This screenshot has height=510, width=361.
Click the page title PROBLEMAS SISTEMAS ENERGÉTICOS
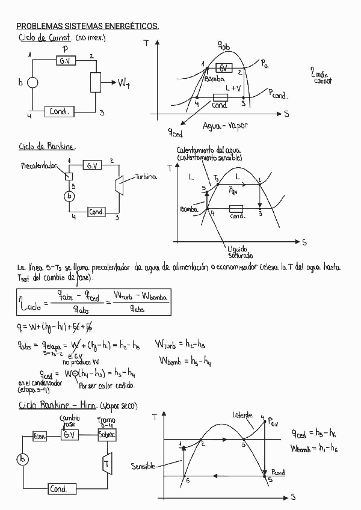pyautogui.click(x=87, y=26)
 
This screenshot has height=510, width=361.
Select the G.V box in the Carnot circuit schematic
pyautogui.click(x=66, y=61)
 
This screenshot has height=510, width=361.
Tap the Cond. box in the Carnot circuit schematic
pyautogui.click(x=60, y=112)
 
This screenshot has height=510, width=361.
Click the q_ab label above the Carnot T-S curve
pyautogui.click(x=224, y=46)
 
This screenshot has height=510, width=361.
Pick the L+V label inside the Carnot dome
pyautogui.click(x=233, y=88)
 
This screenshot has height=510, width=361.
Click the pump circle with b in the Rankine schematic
pyautogui.click(x=70, y=196)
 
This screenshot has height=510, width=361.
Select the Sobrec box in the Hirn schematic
pyautogui.click(x=109, y=435)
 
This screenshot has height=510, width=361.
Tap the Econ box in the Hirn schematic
pyautogui.click(x=40, y=435)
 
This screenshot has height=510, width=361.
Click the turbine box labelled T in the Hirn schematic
pyautogui.click(x=106, y=464)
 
